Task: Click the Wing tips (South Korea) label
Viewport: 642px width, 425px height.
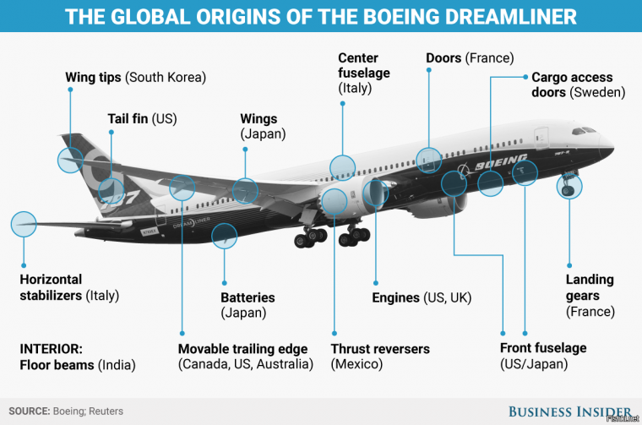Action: (x=135, y=78)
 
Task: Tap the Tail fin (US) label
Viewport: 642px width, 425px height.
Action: (x=142, y=119)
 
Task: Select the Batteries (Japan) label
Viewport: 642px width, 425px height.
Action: (x=248, y=305)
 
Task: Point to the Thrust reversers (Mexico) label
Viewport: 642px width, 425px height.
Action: (x=380, y=357)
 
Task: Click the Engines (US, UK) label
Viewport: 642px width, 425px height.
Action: (x=422, y=297)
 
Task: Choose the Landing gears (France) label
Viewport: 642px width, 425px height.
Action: (x=590, y=296)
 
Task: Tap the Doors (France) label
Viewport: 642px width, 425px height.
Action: (x=470, y=58)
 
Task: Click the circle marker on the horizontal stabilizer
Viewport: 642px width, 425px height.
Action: (x=24, y=224)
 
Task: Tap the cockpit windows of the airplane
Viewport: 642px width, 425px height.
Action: (x=585, y=132)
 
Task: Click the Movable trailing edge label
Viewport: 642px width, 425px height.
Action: (x=245, y=357)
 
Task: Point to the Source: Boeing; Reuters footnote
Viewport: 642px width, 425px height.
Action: (x=67, y=411)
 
